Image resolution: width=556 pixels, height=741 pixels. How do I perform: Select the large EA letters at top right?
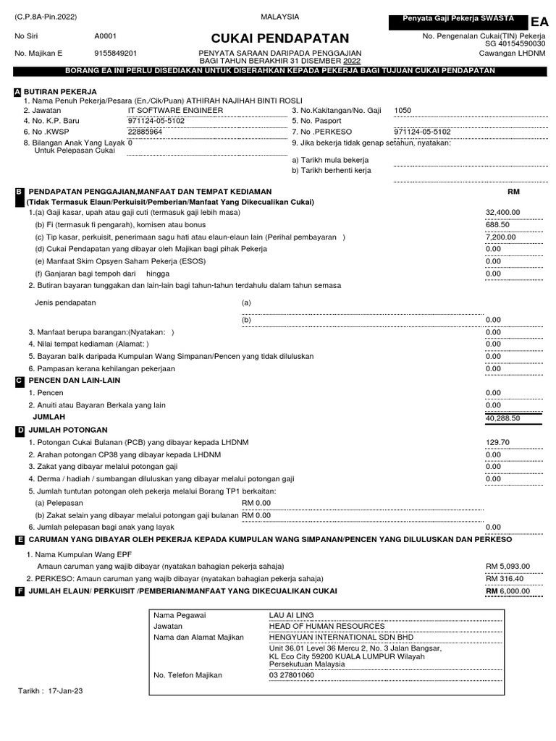click(x=539, y=23)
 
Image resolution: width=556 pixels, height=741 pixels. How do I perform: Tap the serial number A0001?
click(x=105, y=35)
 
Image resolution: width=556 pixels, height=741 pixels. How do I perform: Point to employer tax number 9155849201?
click(x=116, y=54)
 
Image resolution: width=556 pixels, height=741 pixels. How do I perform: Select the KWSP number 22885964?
click(x=145, y=132)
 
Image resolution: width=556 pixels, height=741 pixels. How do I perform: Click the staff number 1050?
click(x=403, y=111)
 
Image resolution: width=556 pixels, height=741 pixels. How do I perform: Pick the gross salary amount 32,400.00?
click(x=503, y=212)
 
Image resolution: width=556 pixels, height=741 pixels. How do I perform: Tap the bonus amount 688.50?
click(x=497, y=224)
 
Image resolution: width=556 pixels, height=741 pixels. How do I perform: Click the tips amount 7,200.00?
click(x=500, y=237)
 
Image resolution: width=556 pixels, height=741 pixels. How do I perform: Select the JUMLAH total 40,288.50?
click(x=503, y=418)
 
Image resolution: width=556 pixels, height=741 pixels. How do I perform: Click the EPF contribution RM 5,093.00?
click(x=508, y=566)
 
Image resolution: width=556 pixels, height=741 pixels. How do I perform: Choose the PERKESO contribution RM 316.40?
click(x=505, y=578)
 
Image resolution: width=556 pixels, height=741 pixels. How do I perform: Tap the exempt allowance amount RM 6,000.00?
click(x=508, y=590)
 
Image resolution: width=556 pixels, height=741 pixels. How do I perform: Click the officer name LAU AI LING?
click(x=292, y=614)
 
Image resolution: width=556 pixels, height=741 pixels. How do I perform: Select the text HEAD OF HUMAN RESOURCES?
click(x=327, y=626)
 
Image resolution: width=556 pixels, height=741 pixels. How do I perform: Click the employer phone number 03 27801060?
click(x=292, y=675)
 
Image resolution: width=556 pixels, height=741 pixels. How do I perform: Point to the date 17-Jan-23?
click(x=65, y=691)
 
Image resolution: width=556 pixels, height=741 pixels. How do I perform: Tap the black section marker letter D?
click(x=19, y=431)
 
